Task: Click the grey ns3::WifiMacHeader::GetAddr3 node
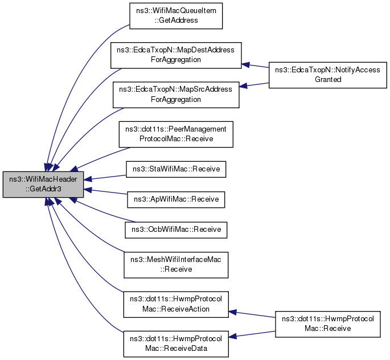point(44,184)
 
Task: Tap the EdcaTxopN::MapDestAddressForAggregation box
point(176,55)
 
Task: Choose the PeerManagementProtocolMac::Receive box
point(176,134)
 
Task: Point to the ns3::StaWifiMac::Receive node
point(176,169)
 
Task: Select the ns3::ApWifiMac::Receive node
point(176,199)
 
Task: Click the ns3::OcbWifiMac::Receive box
point(176,230)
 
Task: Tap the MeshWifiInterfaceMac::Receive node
point(176,265)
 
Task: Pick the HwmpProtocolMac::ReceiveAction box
point(176,304)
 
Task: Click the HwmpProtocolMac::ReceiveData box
point(176,343)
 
